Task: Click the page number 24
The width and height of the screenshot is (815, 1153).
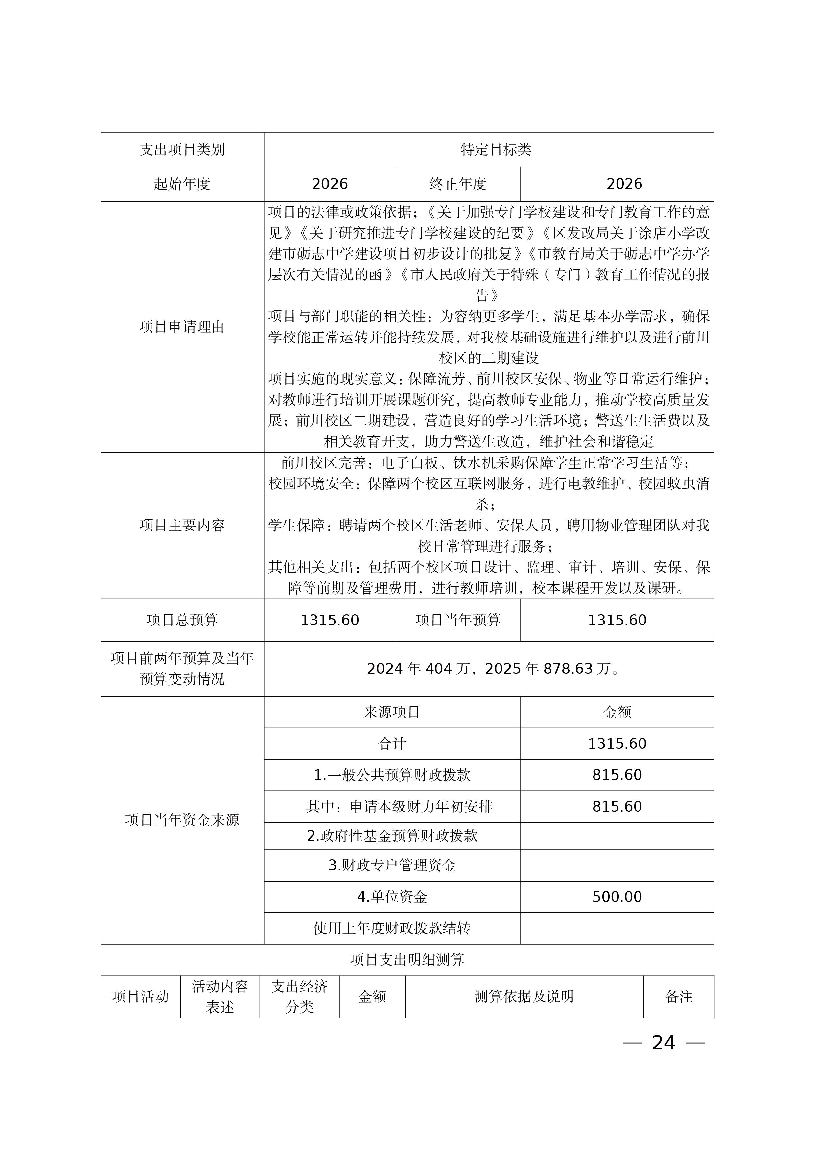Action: [x=664, y=1043]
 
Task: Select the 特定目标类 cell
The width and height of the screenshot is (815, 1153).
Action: [x=496, y=150]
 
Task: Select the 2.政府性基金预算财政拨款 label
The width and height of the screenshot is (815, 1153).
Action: [x=392, y=835]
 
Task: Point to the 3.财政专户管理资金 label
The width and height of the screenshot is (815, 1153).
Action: [x=392, y=865]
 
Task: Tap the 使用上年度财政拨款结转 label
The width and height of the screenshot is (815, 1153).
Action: [x=392, y=928]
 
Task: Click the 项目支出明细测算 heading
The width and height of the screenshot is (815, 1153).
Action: [x=407, y=960]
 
